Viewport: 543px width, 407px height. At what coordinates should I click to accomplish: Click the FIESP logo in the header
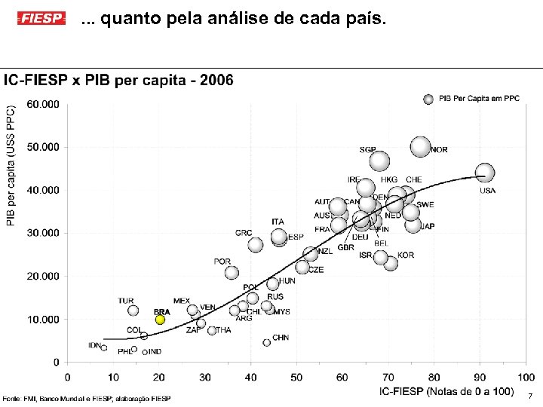tap(41, 18)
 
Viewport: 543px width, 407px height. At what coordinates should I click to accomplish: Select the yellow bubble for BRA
tap(160, 320)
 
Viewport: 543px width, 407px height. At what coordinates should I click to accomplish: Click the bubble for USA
tap(485, 173)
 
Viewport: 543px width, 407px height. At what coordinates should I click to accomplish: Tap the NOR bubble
tap(421, 146)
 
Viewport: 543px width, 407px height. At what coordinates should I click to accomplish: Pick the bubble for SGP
tap(379, 161)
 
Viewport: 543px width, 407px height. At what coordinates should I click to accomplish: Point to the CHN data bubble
tap(266, 342)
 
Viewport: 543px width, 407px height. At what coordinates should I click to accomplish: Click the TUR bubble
tap(133, 311)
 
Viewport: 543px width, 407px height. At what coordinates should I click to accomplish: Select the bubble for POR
tap(232, 273)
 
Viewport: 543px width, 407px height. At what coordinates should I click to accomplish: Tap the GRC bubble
tap(256, 245)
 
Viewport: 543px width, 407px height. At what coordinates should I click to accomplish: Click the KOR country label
tap(406, 256)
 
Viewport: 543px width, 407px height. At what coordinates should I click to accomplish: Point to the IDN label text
tap(94, 345)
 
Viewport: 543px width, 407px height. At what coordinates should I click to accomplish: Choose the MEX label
tap(182, 301)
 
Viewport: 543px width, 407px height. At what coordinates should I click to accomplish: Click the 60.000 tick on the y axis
tap(43, 104)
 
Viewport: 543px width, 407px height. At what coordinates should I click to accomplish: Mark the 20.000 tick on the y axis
tap(43, 277)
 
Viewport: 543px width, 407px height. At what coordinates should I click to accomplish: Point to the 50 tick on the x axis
tap(296, 377)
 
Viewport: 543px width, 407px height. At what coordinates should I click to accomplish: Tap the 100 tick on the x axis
tap(525, 377)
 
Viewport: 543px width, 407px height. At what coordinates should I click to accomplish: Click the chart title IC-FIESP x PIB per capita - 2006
tap(118, 80)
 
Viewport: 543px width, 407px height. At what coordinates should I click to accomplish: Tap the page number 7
tap(530, 396)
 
